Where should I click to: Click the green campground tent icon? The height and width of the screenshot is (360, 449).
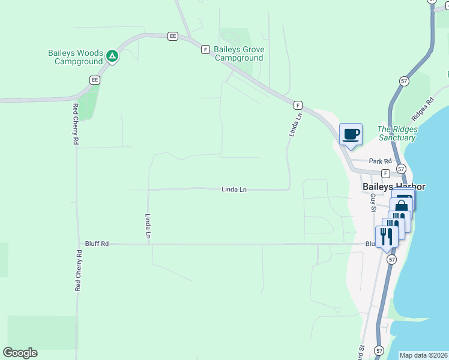pos(112,57)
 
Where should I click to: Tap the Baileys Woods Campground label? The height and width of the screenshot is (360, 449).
pos(76,57)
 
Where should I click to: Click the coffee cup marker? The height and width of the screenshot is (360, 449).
pos(351,134)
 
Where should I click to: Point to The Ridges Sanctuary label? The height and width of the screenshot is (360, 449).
pos(396,133)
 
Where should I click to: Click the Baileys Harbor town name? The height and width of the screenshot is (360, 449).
pos(394,187)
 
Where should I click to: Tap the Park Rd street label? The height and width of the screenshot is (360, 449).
pos(380,161)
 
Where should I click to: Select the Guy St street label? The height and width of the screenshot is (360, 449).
pos(373,202)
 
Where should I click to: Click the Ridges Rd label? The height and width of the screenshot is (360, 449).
pos(422,108)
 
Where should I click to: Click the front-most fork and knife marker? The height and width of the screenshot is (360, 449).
pos(387,236)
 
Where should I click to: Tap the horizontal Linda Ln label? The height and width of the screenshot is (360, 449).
pos(234,190)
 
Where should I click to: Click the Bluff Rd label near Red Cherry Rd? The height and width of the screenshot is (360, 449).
pos(96,244)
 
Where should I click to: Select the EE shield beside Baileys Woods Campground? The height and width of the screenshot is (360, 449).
pos(94,80)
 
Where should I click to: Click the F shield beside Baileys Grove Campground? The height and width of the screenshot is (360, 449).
pos(205,49)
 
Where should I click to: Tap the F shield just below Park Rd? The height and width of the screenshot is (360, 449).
pos(385,173)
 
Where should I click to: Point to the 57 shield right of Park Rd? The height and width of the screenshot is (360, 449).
pos(401,169)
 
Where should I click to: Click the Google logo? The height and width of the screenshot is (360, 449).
pos(20,353)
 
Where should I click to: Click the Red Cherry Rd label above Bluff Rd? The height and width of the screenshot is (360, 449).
pos(76,124)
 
